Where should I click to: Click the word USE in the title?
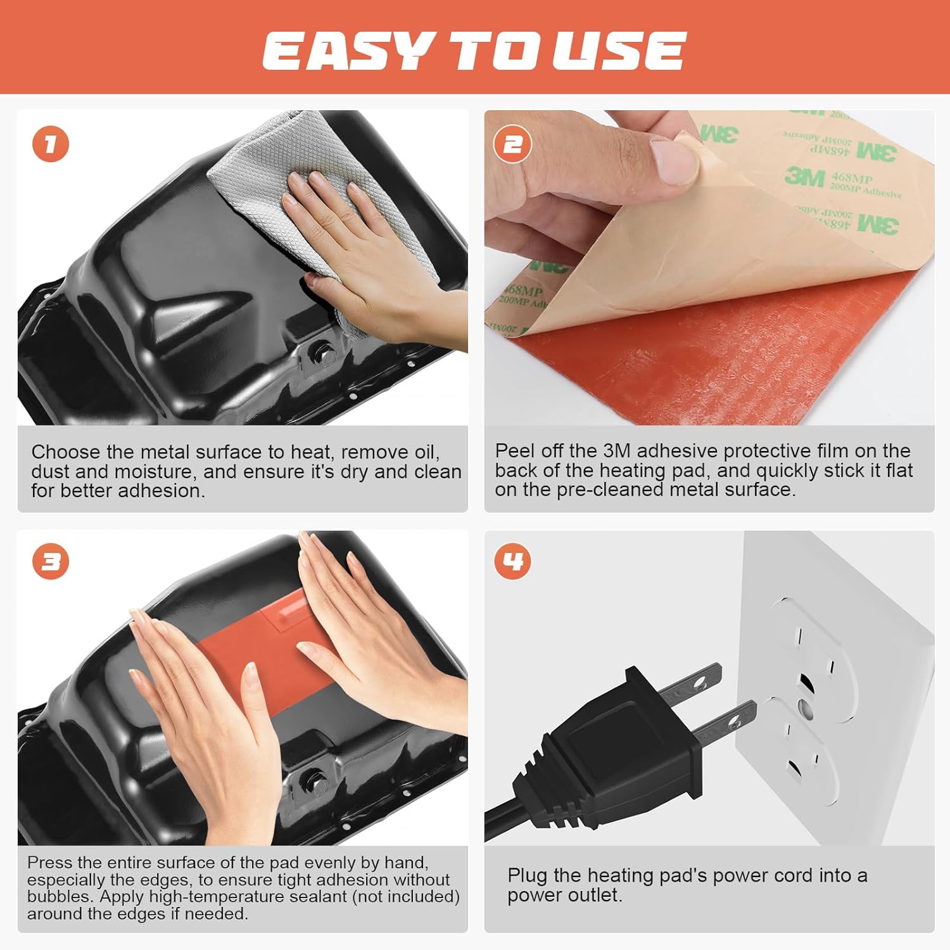coord(618,51)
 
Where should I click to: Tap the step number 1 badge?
coord(51,144)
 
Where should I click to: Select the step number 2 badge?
coord(512,144)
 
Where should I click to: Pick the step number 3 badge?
coord(51,562)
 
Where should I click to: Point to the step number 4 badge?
coord(512,562)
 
